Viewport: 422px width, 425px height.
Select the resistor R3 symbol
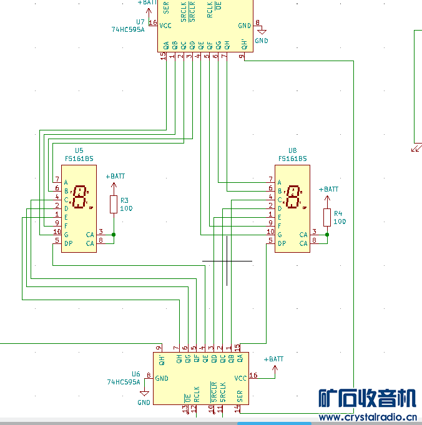[114, 204]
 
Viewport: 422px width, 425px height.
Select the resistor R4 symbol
[327, 217]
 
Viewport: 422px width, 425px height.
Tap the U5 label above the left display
[79, 150]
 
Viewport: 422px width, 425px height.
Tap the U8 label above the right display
[292, 150]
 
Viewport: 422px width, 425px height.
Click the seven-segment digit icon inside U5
[80, 198]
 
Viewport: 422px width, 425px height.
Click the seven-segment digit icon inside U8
[293, 198]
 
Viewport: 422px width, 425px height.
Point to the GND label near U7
[262, 41]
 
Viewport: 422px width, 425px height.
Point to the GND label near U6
[144, 403]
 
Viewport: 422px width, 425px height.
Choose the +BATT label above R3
[115, 176]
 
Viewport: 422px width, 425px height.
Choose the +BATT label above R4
[328, 189]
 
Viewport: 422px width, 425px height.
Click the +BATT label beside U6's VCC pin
[273, 359]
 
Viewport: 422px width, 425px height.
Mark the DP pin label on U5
[67, 243]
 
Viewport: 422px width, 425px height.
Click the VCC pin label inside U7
[165, 26]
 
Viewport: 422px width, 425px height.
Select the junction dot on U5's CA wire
[114, 235]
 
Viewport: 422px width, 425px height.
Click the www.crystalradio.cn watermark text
[368, 418]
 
